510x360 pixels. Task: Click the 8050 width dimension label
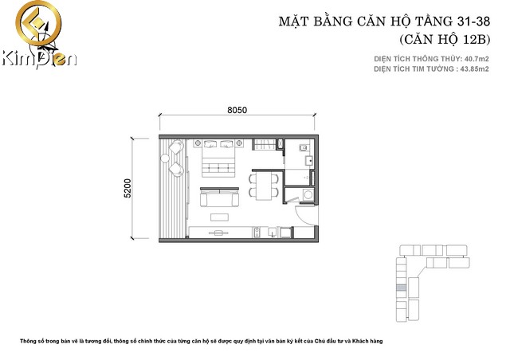[x=237, y=110]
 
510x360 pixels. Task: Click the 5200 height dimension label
[x=127, y=188]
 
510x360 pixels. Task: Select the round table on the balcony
[x=165, y=158]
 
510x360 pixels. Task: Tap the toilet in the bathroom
[x=304, y=147]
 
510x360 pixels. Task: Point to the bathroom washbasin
[x=308, y=160]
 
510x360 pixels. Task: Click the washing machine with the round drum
[x=308, y=195]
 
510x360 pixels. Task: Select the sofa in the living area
[x=220, y=197]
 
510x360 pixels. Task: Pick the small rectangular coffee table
[x=219, y=217]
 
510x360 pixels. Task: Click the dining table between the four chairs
[x=264, y=186]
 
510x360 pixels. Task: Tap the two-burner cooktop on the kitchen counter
[x=257, y=232]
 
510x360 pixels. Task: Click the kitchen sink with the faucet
[x=272, y=232]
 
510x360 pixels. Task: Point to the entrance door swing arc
[x=302, y=217]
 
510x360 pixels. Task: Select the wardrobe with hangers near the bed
[x=265, y=144]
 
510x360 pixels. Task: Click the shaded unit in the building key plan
[x=402, y=288]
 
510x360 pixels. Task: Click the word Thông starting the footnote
[x=27, y=341]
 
